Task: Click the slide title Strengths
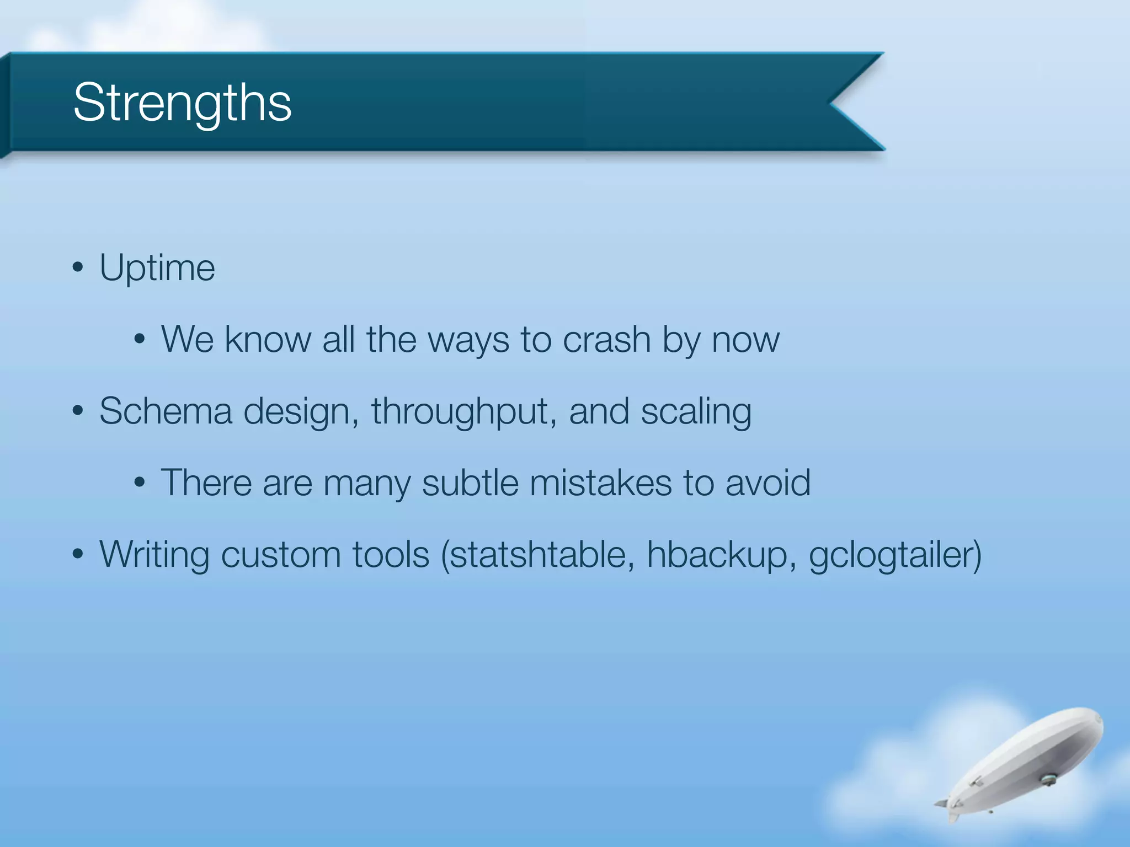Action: [x=182, y=103]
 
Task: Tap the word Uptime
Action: [x=157, y=269]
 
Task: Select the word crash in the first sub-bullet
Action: [x=606, y=340]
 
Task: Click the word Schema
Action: [x=166, y=411]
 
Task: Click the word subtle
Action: [x=470, y=483]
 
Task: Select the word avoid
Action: [x=767, y=483]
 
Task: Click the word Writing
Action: [x=154, y=555]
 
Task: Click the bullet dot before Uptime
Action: [x=78, y=268]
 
